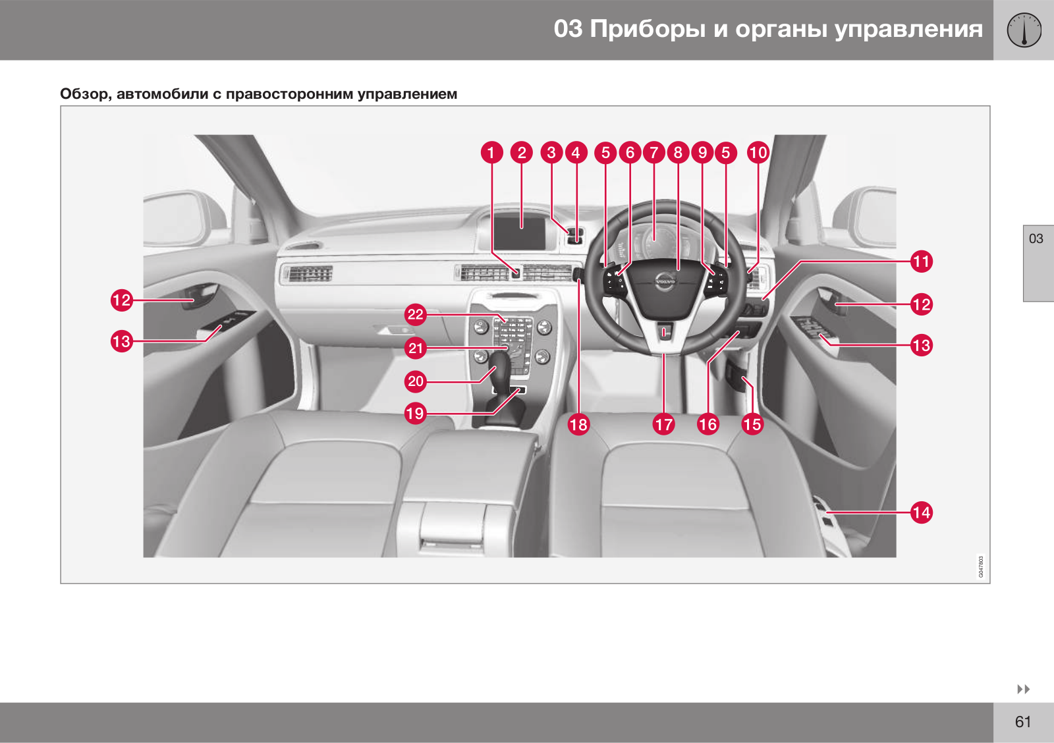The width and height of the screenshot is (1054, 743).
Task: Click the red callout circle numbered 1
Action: click(491, 152)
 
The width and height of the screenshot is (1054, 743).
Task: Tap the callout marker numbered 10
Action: click(758, 152)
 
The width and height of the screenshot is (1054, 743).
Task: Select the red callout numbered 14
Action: click(922, 512)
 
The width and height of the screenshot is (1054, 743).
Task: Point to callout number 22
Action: click(416, 314)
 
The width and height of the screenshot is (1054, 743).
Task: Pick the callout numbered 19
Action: click(416, 414)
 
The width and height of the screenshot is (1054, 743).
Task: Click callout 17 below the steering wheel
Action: click(664, 424)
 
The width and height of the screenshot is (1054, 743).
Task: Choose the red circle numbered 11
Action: click(922, 261)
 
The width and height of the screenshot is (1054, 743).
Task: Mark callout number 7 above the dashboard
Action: click(653, 152)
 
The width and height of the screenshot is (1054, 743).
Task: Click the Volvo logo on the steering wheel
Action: click(665, 281)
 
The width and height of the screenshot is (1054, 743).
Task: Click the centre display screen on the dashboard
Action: click(519, 233)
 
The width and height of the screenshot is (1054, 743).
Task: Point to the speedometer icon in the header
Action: click(1024, 30)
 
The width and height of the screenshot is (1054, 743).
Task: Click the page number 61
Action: click(1022, 721)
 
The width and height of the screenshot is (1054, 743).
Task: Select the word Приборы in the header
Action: click(648, 29)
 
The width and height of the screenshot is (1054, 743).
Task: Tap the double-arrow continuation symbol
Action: click(1024, 689)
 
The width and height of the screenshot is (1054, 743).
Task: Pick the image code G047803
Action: click(981, 566)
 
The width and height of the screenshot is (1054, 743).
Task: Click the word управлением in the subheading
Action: click(407, 94)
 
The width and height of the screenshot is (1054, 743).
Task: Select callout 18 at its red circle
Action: click(579, 424)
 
